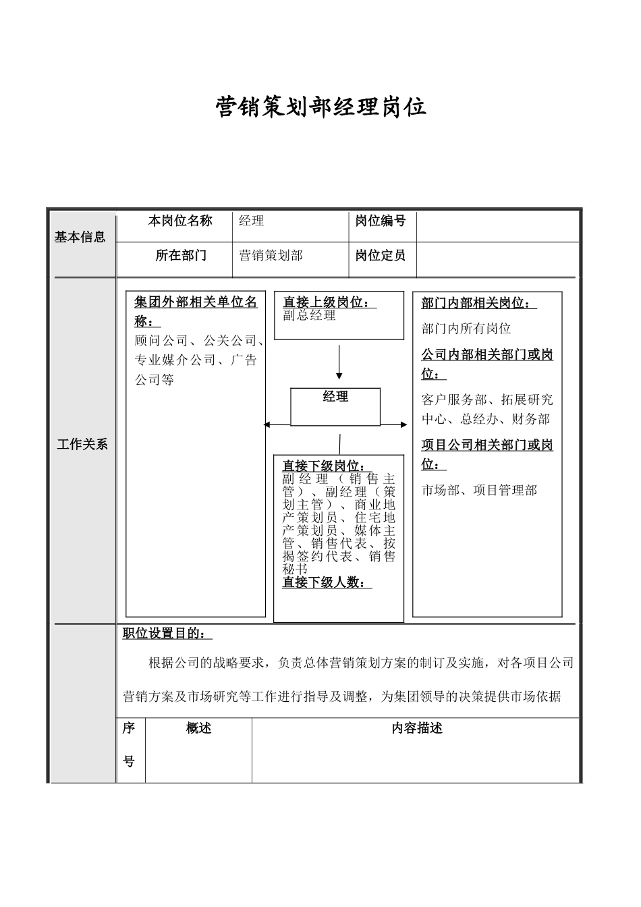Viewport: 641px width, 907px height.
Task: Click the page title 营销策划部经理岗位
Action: [x=320, y=107]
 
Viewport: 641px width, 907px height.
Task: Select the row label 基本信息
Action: [x=80, y=237]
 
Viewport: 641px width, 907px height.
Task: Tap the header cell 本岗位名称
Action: [x=180, y=221]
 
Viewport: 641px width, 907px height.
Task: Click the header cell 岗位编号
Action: [x=381, y=221]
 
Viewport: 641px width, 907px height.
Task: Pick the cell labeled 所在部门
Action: [x=181, y=255]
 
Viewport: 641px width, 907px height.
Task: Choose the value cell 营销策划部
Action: [x=271, y=255]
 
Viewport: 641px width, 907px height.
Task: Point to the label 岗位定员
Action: [x=381, y=255]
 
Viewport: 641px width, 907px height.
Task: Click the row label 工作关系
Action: [x=82, y=444]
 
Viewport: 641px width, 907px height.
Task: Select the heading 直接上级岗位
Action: [x=329, y=302]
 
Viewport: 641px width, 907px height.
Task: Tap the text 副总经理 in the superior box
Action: [x=309, y=315]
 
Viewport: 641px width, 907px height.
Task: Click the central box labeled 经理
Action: [x=335, y=406]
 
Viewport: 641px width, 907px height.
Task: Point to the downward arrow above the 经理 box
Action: [x=339, y=364]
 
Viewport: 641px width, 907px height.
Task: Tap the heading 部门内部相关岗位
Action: [x=478, y=303]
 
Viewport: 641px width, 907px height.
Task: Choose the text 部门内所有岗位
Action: [x=466, y=329]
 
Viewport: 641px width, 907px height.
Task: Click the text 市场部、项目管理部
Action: [x=479, y=490]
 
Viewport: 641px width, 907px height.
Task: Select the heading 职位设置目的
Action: [x=167, y=633]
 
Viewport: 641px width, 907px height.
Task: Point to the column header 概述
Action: [x=198, y=728]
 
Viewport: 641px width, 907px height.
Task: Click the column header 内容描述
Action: [x=417, y=728]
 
